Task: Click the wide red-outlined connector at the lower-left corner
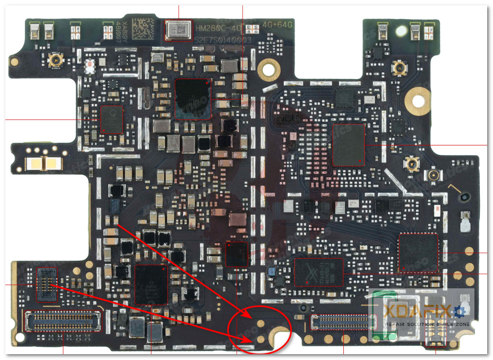(x=63, y=321)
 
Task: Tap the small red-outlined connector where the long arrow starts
(x=46, y=284)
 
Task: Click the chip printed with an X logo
(x=318, y=272)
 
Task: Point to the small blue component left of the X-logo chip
(x=272, y=271)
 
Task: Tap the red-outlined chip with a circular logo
(x=111, y=118)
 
